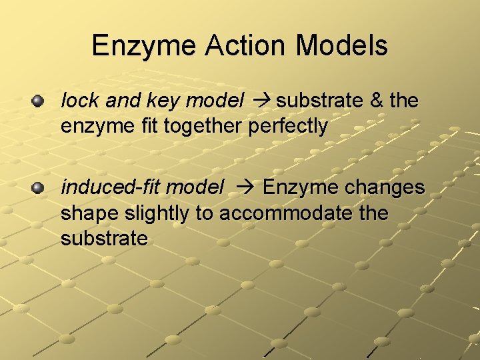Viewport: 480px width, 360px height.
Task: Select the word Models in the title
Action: pyautogui.click(x=343, y=46)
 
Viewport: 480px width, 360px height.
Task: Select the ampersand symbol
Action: pyautogui.click(x=377, y=101)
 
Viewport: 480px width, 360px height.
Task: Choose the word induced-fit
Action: pyautogui.click(x=111, y=188)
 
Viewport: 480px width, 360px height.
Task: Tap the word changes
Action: pyautogui.click(x=385, y=188)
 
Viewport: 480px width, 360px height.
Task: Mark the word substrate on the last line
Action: pyautogui.click(x=104, y=238)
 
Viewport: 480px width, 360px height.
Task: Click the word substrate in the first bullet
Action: pyautogui.click(x=319, y=101)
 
